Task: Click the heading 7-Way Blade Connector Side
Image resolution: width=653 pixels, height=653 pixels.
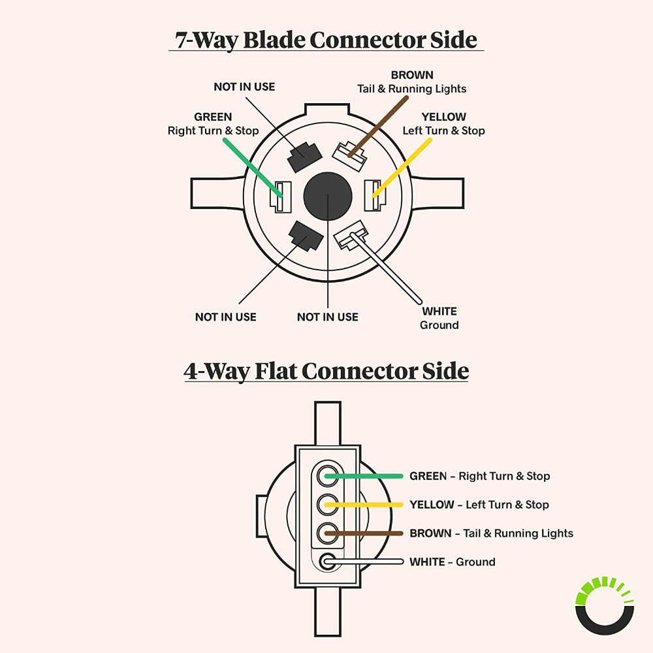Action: click(x=326, y=40)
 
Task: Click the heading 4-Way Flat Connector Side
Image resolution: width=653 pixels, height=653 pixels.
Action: click(x=326, y=372)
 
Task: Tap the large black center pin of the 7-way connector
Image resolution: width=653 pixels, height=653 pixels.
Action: click(x=327, y=197)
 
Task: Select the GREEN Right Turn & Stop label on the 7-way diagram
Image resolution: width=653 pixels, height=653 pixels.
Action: click(x=213, y=124)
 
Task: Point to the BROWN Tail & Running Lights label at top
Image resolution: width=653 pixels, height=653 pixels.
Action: click(x=411, y=82)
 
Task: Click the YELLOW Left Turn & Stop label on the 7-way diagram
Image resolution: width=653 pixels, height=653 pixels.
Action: click(x=443, y=124)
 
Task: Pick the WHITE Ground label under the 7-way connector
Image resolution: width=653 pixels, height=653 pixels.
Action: click(x=439, y=318)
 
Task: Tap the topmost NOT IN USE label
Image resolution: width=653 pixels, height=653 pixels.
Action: click(x=244, y=87)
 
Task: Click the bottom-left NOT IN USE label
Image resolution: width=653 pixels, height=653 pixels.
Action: click(x=225, y=317)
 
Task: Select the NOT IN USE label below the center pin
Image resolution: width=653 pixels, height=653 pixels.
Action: click(x=327, y=317)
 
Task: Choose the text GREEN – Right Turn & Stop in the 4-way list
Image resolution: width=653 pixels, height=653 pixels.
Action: click(x=479, y=476)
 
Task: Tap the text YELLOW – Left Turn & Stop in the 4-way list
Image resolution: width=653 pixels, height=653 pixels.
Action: click(x=479, y=505)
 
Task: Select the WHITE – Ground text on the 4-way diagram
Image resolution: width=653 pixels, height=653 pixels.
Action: click(x=452, y=562)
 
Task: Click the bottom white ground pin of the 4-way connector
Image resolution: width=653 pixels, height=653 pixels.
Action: click(x=327, y=561)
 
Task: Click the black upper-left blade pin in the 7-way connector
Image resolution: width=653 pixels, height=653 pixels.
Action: click(x=304, y=155)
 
